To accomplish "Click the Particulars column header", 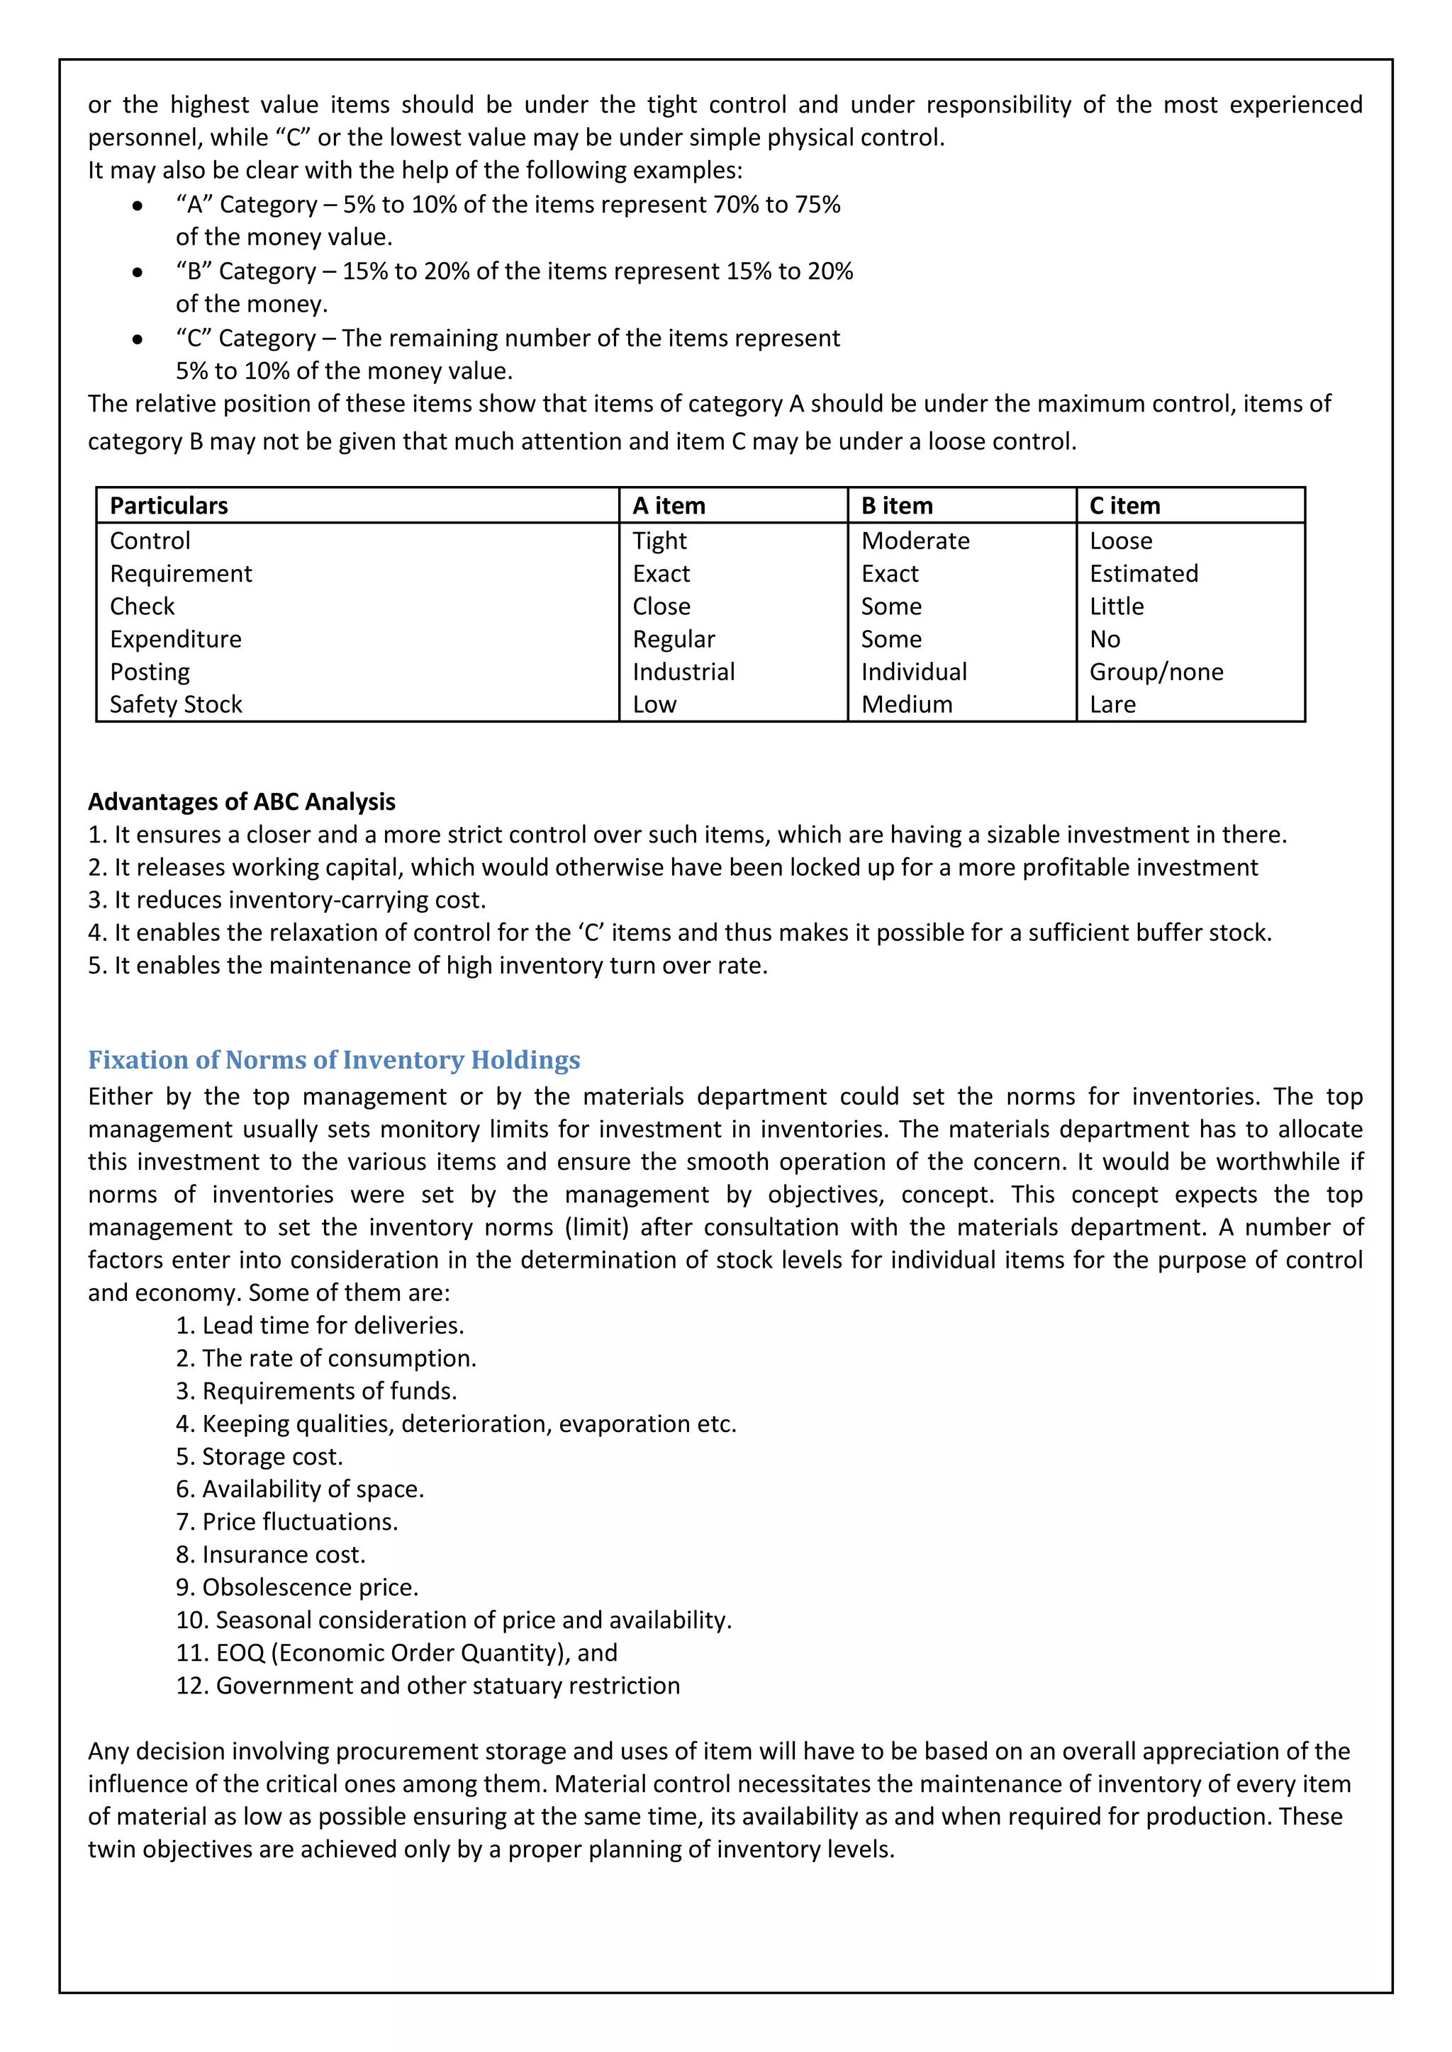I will coord(169,506).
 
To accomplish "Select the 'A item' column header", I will coord(669,506).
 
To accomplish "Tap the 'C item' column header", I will coord(1124,506).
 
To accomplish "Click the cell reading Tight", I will coord(660,541).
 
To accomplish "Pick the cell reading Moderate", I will coord(915,541).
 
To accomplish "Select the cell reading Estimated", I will coord(1144,574).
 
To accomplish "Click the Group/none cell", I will coord(1156,672).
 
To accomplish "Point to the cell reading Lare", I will coord(1112,705).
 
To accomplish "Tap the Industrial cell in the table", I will coord(683,672).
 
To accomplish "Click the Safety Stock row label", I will coord(176,705).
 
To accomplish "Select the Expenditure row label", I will coord(175,639).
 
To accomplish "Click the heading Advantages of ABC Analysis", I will coord(241,801).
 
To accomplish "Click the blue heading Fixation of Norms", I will coord(333,1060).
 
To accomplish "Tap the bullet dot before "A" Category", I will coord(137,205).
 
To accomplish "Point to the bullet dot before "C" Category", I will coord(137,339).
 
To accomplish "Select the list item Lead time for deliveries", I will coord(320,1326).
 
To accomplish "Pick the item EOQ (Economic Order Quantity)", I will coord(397,1652).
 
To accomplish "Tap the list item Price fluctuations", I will coord(287,1522).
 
